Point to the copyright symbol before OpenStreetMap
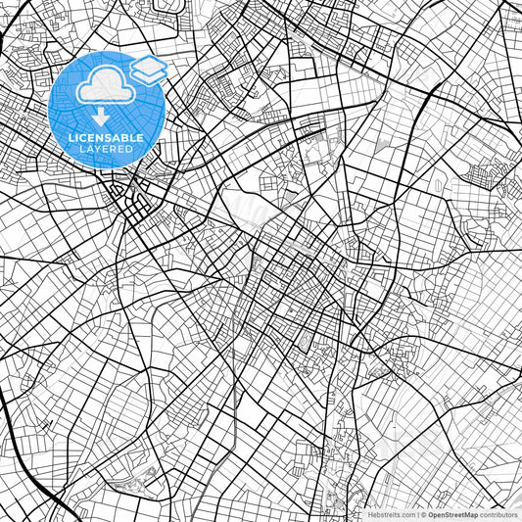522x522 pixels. pos(423,514)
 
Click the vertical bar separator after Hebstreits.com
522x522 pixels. pos(416,514)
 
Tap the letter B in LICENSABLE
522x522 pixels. pos(119,138)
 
